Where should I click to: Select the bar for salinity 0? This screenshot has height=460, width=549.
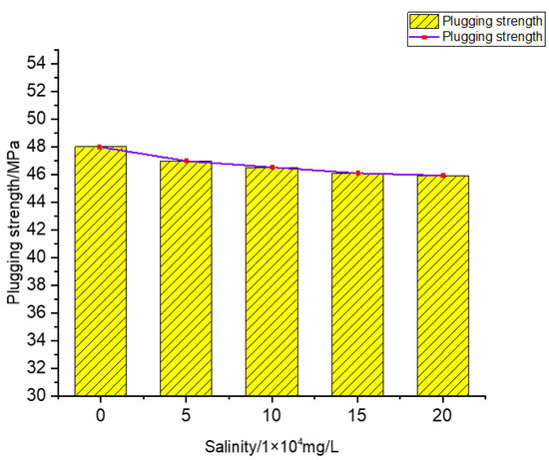(101, 271)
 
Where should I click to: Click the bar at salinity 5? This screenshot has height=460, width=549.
(187, 278)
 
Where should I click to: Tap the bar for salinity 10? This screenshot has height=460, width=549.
(272, 281)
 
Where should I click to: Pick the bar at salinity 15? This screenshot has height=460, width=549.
(357, 284)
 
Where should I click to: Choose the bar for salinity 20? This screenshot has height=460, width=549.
(443, 285)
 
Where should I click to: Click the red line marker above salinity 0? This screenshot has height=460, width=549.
(101, 147)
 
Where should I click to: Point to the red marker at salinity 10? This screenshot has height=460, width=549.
(272, 168)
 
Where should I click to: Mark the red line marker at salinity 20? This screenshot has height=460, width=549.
(443, 176)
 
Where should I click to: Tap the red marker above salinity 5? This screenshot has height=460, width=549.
(187, 161)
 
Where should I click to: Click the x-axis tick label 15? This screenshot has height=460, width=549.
(357, 413)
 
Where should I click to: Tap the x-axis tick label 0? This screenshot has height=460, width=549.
(101, 413)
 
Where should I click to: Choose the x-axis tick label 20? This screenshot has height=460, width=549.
(443, 413)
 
